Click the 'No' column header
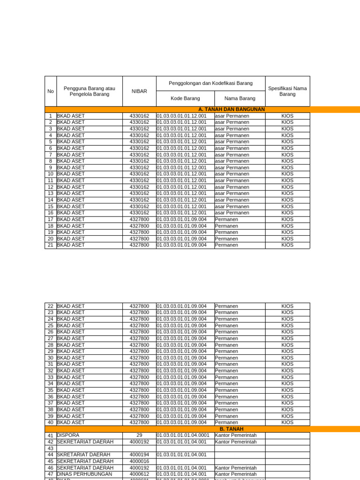pos(51,91)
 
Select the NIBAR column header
pos(139,91)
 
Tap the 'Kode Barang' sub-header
pos(185,98)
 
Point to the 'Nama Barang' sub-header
pos(240,98)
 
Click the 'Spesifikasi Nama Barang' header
pos(287,91)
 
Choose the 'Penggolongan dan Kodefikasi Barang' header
pos(210,83)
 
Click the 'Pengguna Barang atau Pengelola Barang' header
pos(89,91)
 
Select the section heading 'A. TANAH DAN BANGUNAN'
pos(232,109)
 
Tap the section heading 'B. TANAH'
pos(232,429)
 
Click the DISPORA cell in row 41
pos(68,435)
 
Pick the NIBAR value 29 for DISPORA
pos(139,435)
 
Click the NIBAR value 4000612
pos(139,474)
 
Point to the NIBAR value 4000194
pos(139,455)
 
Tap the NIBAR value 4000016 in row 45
pos(139,461)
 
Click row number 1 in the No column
pos(51,116)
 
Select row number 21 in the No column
pos(51,245)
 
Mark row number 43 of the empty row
pos(51,449)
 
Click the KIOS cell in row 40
pos(287,422)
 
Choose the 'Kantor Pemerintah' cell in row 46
pos(236,468)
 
